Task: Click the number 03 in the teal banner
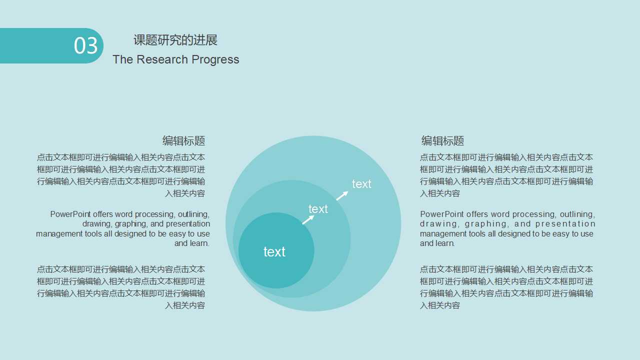(85, 45)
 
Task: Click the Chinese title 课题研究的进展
(175, 40)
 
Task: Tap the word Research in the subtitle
(162, 59)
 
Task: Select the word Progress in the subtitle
(215, 60)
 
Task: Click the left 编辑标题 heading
(183, 141)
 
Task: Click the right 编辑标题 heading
(442, 141)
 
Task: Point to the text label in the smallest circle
(274, 252)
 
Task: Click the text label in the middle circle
(318, 209)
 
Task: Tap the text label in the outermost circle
(361, 184)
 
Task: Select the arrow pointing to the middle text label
(308, 219)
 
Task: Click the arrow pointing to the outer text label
(342, 195)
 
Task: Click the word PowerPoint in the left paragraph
(70, 214)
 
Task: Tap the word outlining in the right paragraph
(577, 214)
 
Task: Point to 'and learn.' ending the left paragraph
(191, 243)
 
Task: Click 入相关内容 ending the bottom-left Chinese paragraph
(185, 305)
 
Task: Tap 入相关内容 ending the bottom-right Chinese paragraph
(440, 305)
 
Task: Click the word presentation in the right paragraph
(565, 224)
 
